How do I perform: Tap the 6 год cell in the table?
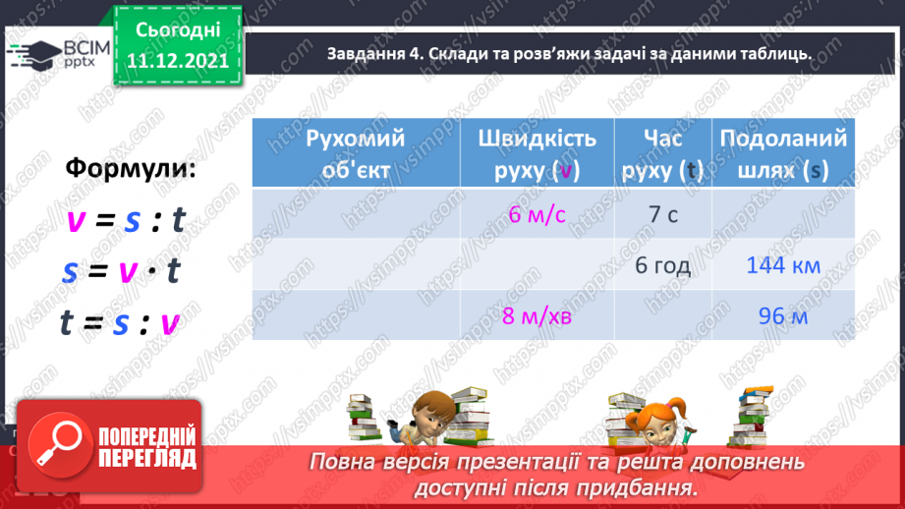pos(662,265)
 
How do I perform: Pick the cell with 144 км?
pos(783,265)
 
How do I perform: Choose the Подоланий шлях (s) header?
pos(783,153)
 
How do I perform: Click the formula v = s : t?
pos(126,221)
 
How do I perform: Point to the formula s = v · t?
pos(122,271)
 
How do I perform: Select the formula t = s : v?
pos(122,321)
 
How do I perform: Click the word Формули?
pos(131,168)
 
